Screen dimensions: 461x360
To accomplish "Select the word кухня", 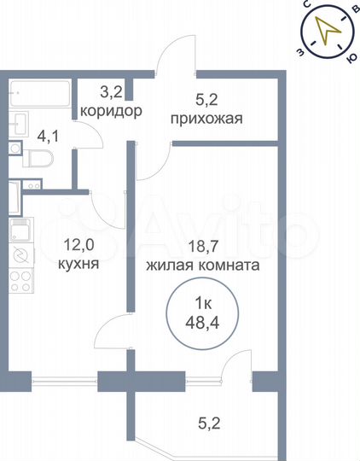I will tap(78, 265).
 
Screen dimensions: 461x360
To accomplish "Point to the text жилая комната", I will tap(202, 266).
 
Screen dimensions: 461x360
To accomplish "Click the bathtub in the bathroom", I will tap(40, 92).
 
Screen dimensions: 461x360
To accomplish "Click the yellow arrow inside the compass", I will tap(326, 32).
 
